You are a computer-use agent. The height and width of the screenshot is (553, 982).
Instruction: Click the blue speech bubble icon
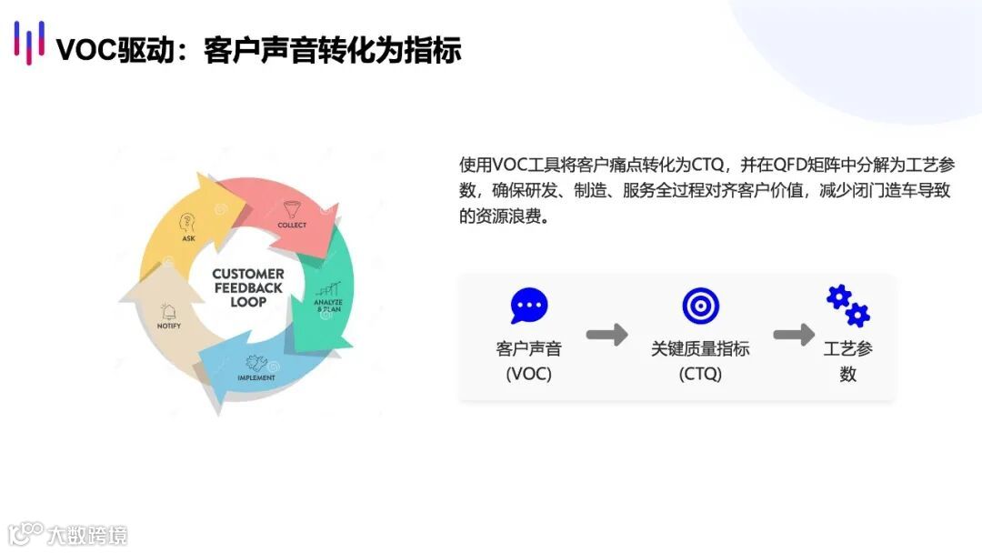click(x=529, y=306)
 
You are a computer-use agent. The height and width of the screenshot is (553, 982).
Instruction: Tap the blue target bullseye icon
click(x=700, y=306)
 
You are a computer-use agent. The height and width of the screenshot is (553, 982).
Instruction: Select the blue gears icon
click(x=847, y=306)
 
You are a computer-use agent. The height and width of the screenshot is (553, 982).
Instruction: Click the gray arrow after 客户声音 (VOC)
click(x=606, y=335)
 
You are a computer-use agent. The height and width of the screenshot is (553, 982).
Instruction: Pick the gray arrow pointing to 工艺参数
click(x=794, y=335)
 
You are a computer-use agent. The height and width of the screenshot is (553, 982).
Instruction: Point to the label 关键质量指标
click(x=700, y=349)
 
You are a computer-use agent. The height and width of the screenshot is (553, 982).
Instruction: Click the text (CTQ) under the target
click(x=700, y=374)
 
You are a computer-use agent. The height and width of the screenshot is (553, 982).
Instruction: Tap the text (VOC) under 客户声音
click(x=529, y=374)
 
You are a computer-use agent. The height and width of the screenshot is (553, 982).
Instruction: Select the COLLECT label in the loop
click(x=292, y=225)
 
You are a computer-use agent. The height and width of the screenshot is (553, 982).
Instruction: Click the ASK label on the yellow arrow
click(x=188, y=238)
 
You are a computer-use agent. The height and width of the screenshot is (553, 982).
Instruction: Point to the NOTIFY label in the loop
click(x=169, y=326)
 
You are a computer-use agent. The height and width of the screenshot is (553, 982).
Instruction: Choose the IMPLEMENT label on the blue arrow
click(x=256, y=377)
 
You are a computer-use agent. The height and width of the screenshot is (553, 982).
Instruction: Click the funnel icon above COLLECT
click(x=292, y=207)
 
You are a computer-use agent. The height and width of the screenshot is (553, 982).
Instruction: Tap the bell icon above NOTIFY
click(x=168, y=311)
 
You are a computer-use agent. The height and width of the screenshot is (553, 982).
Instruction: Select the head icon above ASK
click(x=188, y=223)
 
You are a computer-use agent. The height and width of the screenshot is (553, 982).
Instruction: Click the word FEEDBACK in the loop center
click(x=248, y=287)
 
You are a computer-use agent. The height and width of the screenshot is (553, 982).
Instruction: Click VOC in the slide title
click(x=85, y=49)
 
